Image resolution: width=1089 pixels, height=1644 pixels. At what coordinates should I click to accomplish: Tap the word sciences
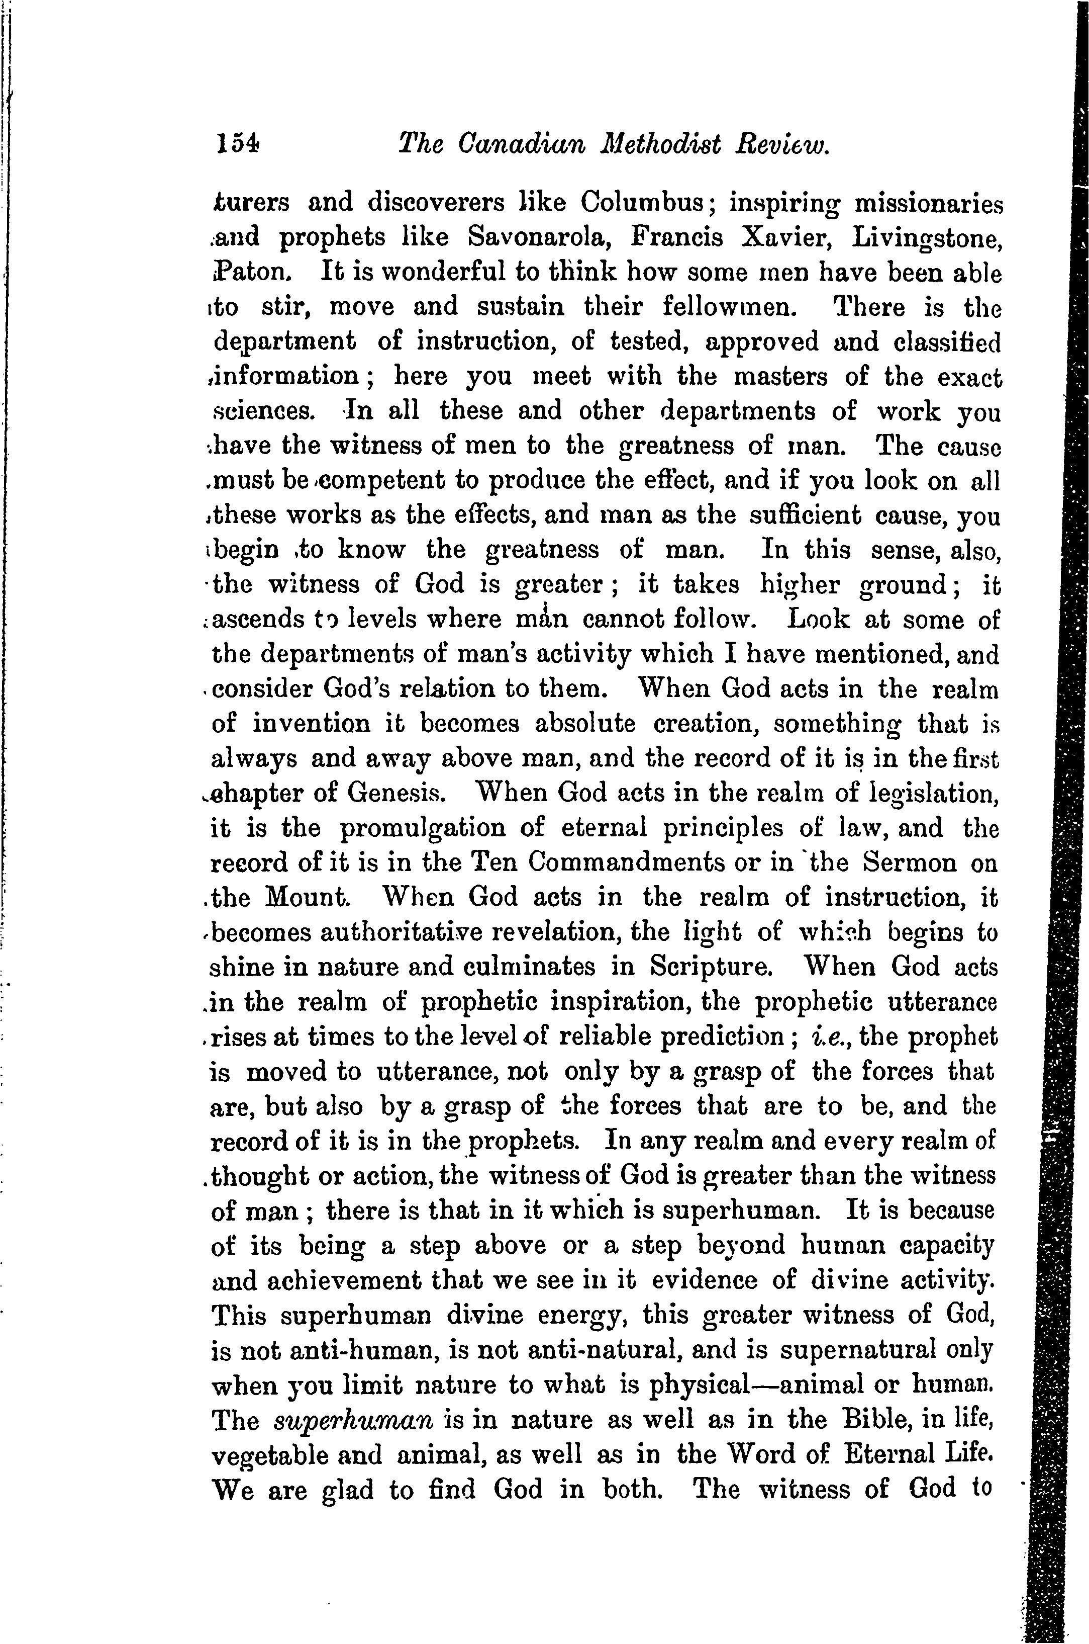[x=264, y=411]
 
